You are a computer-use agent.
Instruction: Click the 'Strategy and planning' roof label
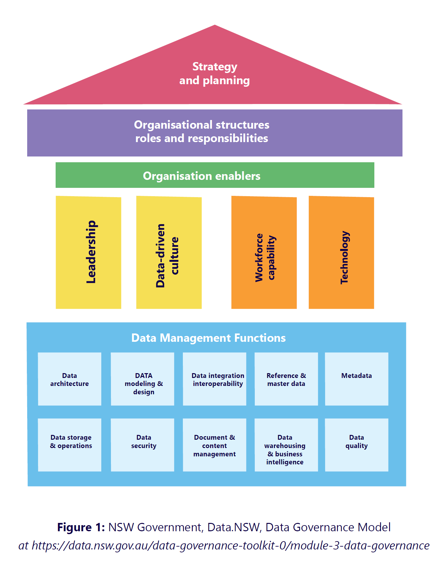click(x=215, y=74)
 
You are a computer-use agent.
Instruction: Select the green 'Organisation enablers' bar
click(x=215, y=175)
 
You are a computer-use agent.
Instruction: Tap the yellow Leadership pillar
click(x=89, y=252)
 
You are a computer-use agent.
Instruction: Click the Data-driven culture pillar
click(x=169, y=252)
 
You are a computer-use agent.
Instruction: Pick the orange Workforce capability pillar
click(x=264, y=252)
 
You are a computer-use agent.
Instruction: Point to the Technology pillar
click(x=341, y=252)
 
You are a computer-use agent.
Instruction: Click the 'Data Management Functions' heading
click(x=208, y=338)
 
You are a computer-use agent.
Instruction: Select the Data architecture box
click(x=70, y=379)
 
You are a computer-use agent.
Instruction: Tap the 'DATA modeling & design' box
click(x=143, y=379)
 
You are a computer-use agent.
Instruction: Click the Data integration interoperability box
click(x=215, y=379)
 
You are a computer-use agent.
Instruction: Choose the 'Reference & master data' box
click(x=286, y=379)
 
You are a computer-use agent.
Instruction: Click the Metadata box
click(x=356, y=379)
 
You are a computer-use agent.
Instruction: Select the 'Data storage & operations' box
click(x=70, y=445)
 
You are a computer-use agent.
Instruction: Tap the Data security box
click(x=143, y=445)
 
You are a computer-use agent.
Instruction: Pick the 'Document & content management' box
click(x=215, y=445)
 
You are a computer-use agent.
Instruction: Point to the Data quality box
click(x=356, y=445)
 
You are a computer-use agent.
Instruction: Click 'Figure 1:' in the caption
click(x=81, y=527)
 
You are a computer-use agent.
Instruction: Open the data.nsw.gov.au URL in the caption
click(x=230, y=546)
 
